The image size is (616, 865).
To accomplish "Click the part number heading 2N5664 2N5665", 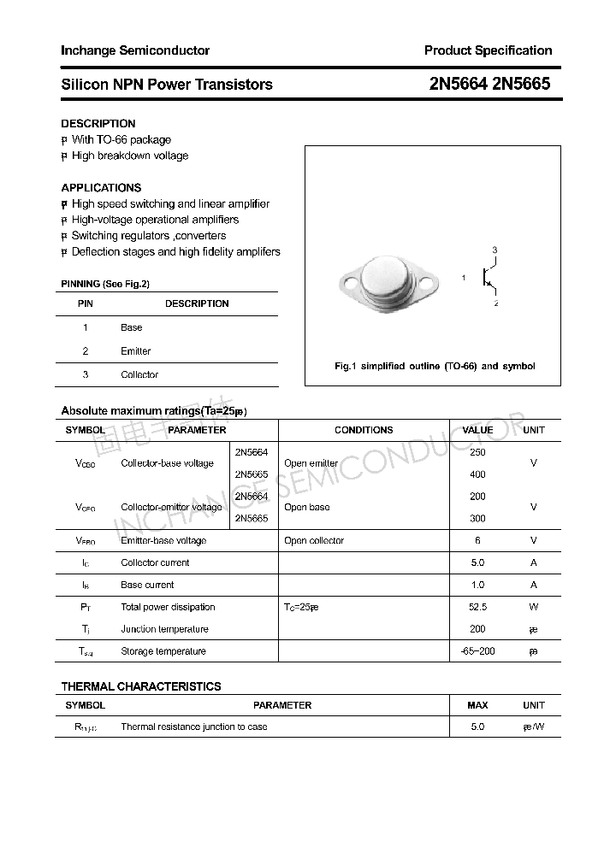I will click(489, 84).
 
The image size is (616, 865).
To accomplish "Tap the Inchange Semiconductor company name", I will click(135, 50).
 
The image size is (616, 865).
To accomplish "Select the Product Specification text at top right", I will click(488, 50).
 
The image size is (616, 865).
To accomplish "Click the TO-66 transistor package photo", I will click(389, 280).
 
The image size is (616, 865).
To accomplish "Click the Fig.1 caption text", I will click(434, 366).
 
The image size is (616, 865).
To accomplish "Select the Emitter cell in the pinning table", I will click(135, 351).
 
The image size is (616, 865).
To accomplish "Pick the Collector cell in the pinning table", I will click(139, 374).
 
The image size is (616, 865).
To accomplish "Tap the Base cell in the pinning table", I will click(132, 327).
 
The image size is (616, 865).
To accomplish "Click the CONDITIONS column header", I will click(364, 430).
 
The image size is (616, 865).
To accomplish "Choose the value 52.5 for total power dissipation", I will click(477, 607).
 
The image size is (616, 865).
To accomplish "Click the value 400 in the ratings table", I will click(477, 474).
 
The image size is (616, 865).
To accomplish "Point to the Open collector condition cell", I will click(314, 540).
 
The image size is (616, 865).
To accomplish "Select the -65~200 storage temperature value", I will click(477, 651).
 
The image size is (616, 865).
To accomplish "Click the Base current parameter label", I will click(147, 585).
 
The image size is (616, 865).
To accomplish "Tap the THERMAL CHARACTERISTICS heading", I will click(141, 686).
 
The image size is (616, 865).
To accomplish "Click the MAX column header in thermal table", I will click(477, 705).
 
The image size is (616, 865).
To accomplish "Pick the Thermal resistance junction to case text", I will click(194, 727).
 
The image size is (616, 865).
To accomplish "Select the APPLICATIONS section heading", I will click(101, 187).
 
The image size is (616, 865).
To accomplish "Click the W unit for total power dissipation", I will click(533, 607).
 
